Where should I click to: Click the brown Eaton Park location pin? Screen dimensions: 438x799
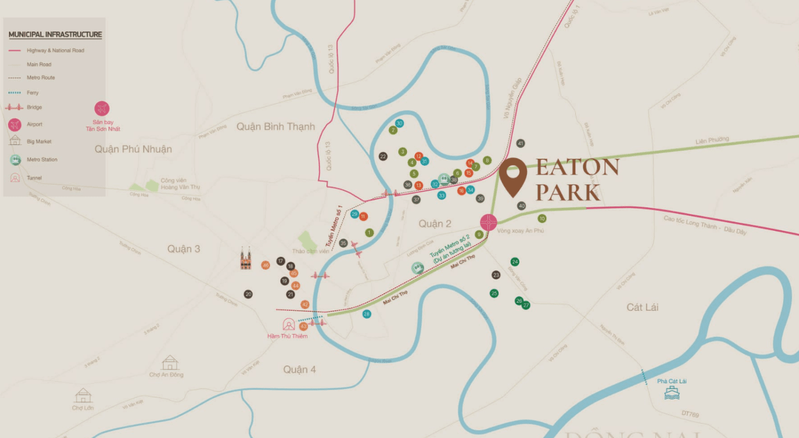[x=513, y=175]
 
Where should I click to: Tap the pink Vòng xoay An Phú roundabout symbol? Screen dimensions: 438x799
[x=489, y=222]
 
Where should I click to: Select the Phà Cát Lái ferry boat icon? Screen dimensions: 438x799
[x=672, y=393]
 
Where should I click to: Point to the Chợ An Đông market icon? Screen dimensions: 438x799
[x=170, y=363]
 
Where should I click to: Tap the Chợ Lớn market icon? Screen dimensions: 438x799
[x=83, y=395]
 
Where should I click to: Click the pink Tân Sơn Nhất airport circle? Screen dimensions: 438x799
[x=102, y=109]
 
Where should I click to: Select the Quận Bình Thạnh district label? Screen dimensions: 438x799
[x=276, y=127]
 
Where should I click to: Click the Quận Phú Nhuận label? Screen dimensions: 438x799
[x=133, y=149]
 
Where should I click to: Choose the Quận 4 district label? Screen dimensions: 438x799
[x=300, y=369]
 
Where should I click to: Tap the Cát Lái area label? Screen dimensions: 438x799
[x=642, y=307]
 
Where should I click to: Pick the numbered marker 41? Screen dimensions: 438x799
[x=520, y=143]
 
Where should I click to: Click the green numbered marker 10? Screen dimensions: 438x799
[x=542, y=218]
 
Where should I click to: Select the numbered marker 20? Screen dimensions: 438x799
[x=248, y=294]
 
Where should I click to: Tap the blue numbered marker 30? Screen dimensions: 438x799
[x=399, y=123]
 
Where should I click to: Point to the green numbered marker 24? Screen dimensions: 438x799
[x=515, y=262]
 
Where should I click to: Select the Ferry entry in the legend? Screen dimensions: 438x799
[x=33, y=93]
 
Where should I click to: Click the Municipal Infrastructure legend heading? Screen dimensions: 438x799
[x=55, y=35]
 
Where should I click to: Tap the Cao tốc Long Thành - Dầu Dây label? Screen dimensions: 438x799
[x=704, y=226]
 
